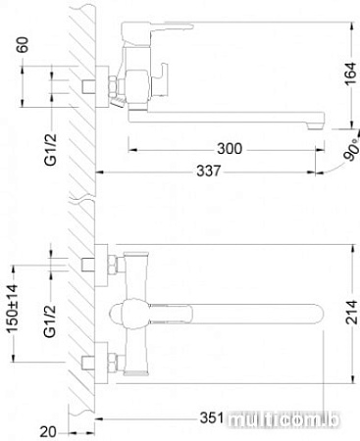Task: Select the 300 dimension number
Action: [x=230, y=148]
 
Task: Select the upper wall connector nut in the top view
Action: [x=94, y=264]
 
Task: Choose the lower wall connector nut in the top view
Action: [x=94, y=361]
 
